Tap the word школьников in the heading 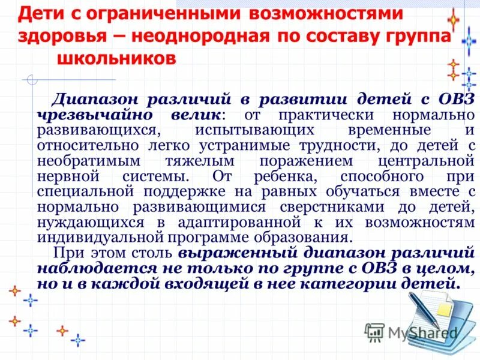(x=117, y=59)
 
